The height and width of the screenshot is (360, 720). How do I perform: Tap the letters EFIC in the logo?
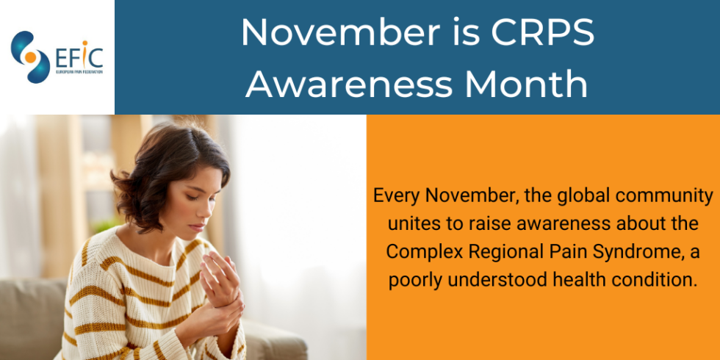[x=79, y=56]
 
